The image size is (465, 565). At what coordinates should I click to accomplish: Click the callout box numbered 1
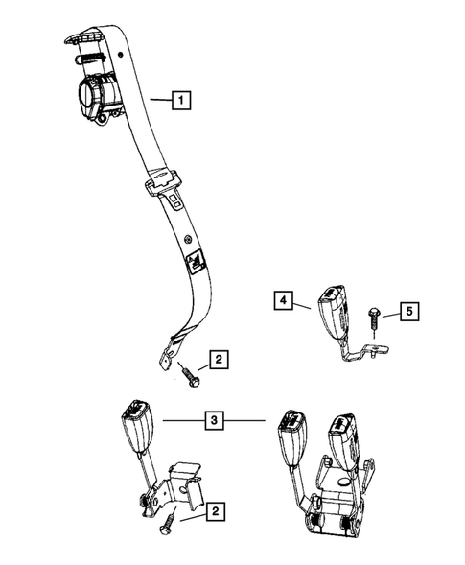click(x=180, y=98)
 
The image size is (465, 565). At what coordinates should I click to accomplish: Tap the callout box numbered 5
click(x=408, y=312)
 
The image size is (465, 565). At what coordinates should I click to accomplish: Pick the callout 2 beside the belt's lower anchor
click(x=220, y=361)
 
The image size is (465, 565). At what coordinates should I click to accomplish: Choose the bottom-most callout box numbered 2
click(x=220, y=513)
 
